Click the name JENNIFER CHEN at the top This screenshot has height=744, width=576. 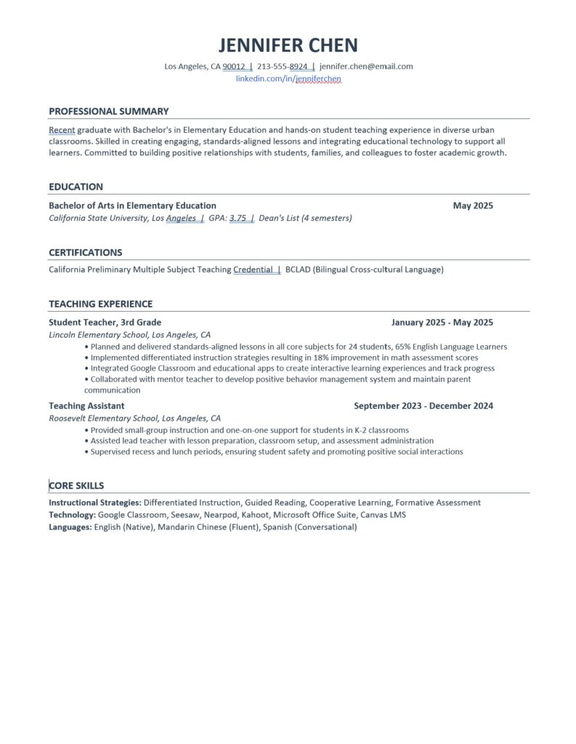288,45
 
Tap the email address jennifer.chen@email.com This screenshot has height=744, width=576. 366,66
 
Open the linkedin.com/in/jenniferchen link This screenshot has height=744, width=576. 288,78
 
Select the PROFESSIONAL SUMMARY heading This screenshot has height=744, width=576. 108,111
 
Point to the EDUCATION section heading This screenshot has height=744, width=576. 76,187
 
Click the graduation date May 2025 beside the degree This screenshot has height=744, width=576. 472,206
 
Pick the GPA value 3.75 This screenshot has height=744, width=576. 238,217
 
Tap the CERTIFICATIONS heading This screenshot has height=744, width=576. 85,253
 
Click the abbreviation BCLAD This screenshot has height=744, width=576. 297,270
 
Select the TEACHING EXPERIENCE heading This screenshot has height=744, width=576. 100,304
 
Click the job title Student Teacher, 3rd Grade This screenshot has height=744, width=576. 105,323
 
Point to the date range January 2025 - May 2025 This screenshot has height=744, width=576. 442,323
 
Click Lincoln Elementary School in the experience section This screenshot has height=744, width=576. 98,335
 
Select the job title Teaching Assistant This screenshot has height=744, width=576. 86,406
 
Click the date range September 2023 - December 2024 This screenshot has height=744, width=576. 423,406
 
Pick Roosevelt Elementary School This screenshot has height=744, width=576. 103,418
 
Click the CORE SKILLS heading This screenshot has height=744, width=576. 76,486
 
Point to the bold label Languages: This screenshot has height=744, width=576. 70,527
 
